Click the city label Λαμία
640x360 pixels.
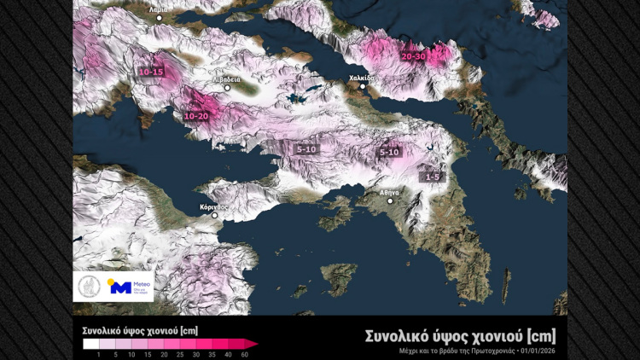(x=156, y=10)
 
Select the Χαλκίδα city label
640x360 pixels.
(x=361, y=77)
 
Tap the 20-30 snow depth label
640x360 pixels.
(x=414, y=56)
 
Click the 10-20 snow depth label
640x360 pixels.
(x=196, y=115)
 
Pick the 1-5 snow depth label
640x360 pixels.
(x=432, y=177)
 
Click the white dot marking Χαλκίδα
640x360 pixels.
(x=362, y=86)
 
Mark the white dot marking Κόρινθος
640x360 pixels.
(x=215, y=216)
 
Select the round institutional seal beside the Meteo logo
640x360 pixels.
(x=89, y=287)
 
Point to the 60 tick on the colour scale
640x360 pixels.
(x=245, y=354)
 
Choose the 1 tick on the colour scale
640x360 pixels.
(x=99, y=354)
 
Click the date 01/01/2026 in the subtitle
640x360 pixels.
(x=545, y=351)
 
